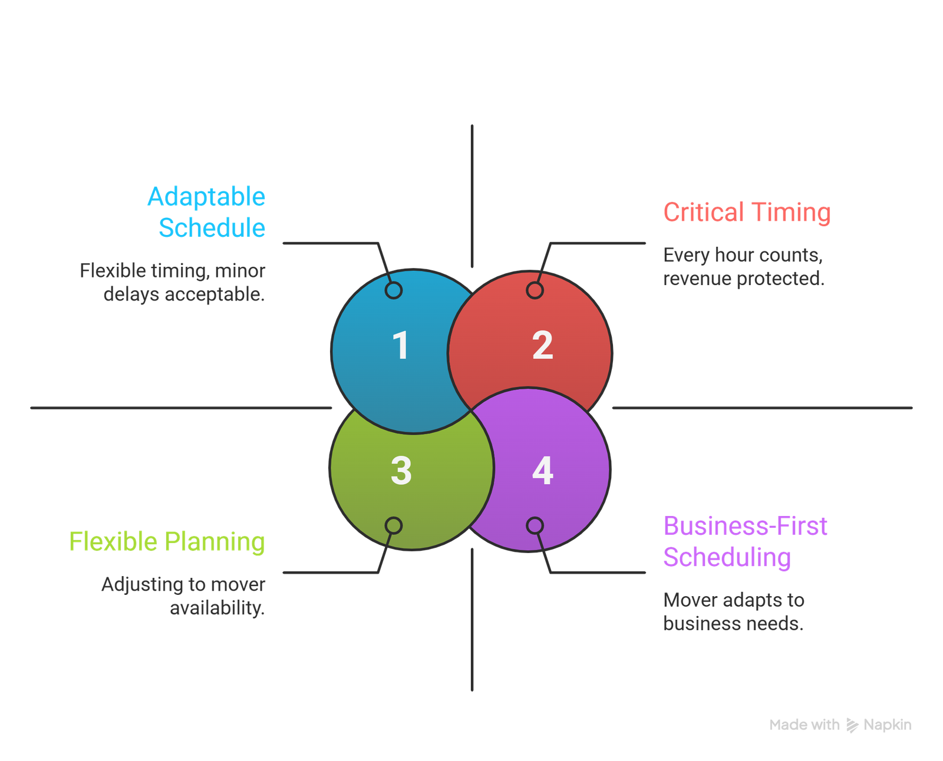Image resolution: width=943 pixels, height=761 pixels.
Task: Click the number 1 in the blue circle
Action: [400, 346]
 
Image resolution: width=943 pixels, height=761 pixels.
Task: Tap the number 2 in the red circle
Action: [542, 346]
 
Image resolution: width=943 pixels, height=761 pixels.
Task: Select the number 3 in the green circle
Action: [401, 471]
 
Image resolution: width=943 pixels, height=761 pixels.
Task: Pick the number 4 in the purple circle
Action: [542, 471]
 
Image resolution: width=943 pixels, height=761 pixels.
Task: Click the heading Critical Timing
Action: [747, 213]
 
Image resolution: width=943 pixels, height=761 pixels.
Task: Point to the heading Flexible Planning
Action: [167, 542]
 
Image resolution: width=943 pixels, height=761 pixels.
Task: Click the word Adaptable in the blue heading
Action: [206, 197]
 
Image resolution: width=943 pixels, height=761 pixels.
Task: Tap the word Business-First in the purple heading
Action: [745, 526]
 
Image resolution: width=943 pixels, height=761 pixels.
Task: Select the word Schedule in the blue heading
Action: [212, 228]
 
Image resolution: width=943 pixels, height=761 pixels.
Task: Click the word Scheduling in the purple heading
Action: [727, 557]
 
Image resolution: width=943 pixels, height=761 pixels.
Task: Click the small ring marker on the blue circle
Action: [394, 290]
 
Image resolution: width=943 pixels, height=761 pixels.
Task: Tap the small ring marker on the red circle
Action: [535, 290]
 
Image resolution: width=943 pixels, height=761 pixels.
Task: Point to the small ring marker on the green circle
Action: [394, 525]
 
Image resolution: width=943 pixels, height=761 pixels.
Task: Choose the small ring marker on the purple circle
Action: [535, 525]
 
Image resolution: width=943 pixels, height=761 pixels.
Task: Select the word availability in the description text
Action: [217, 608]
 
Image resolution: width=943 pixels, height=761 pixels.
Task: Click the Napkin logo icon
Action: [852, 725]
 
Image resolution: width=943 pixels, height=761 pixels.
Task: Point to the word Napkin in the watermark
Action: [887, 725]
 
